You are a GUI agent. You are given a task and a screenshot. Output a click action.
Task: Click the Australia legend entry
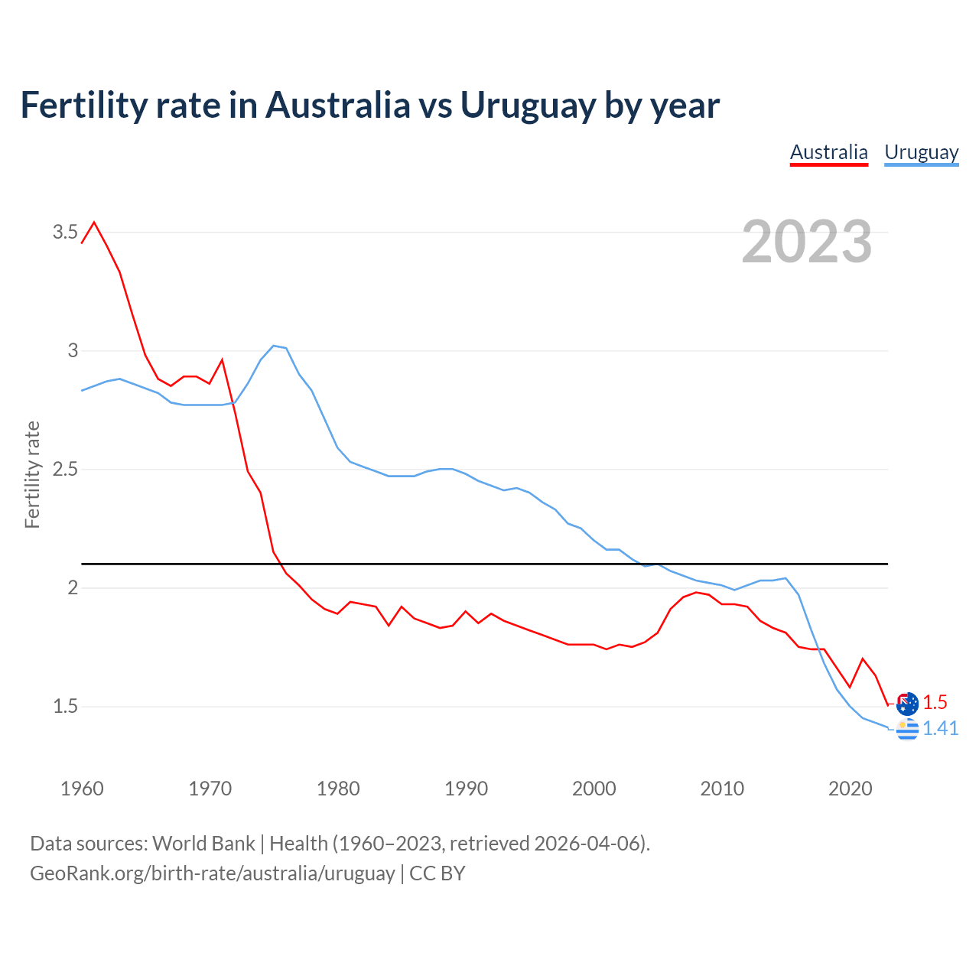[828, 152]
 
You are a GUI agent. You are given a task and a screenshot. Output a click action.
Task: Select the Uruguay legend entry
[921, 152]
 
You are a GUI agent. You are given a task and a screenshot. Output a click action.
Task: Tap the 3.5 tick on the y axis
[65, 233]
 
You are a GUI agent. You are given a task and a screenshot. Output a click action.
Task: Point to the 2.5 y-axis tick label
[65, 470]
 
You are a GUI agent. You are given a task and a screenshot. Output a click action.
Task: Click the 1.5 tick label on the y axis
[65, 707]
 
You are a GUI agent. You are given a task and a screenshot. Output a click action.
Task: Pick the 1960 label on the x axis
[82, 789]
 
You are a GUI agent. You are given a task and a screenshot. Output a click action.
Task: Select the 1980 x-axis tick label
[338, 789]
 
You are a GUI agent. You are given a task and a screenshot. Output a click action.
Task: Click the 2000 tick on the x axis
[594, 789]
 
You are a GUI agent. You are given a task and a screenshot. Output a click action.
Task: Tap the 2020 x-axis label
[850, 789]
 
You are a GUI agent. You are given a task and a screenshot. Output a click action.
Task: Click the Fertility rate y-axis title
[32, 474]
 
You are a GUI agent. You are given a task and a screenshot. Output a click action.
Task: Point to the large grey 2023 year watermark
[806, 242]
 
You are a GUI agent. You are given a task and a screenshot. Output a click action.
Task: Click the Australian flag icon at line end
[907, 703]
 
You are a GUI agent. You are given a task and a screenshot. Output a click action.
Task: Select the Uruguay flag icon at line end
[907, 730]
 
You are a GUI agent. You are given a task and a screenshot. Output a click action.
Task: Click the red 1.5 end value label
[935, 702]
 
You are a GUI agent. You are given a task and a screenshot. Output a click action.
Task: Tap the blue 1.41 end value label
[940, 729]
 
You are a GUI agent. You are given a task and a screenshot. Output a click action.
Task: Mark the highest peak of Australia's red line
[94, 223]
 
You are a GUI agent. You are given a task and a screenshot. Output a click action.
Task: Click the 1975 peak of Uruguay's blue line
[274, 346]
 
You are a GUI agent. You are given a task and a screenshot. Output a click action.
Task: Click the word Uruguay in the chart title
[527, 105]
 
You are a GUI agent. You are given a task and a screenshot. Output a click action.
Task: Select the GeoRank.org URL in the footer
[212, 873]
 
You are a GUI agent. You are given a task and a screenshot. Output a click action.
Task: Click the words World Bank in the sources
[203, 843]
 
